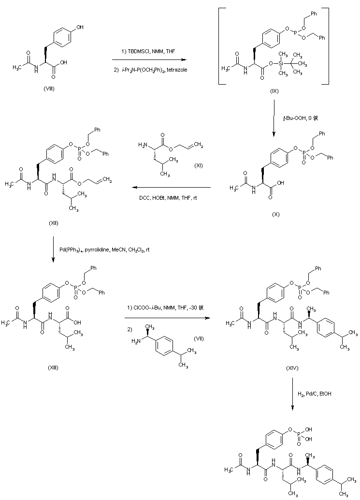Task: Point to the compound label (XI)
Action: click(x=198, y=166)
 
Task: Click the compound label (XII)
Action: click(x=54, y=224)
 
